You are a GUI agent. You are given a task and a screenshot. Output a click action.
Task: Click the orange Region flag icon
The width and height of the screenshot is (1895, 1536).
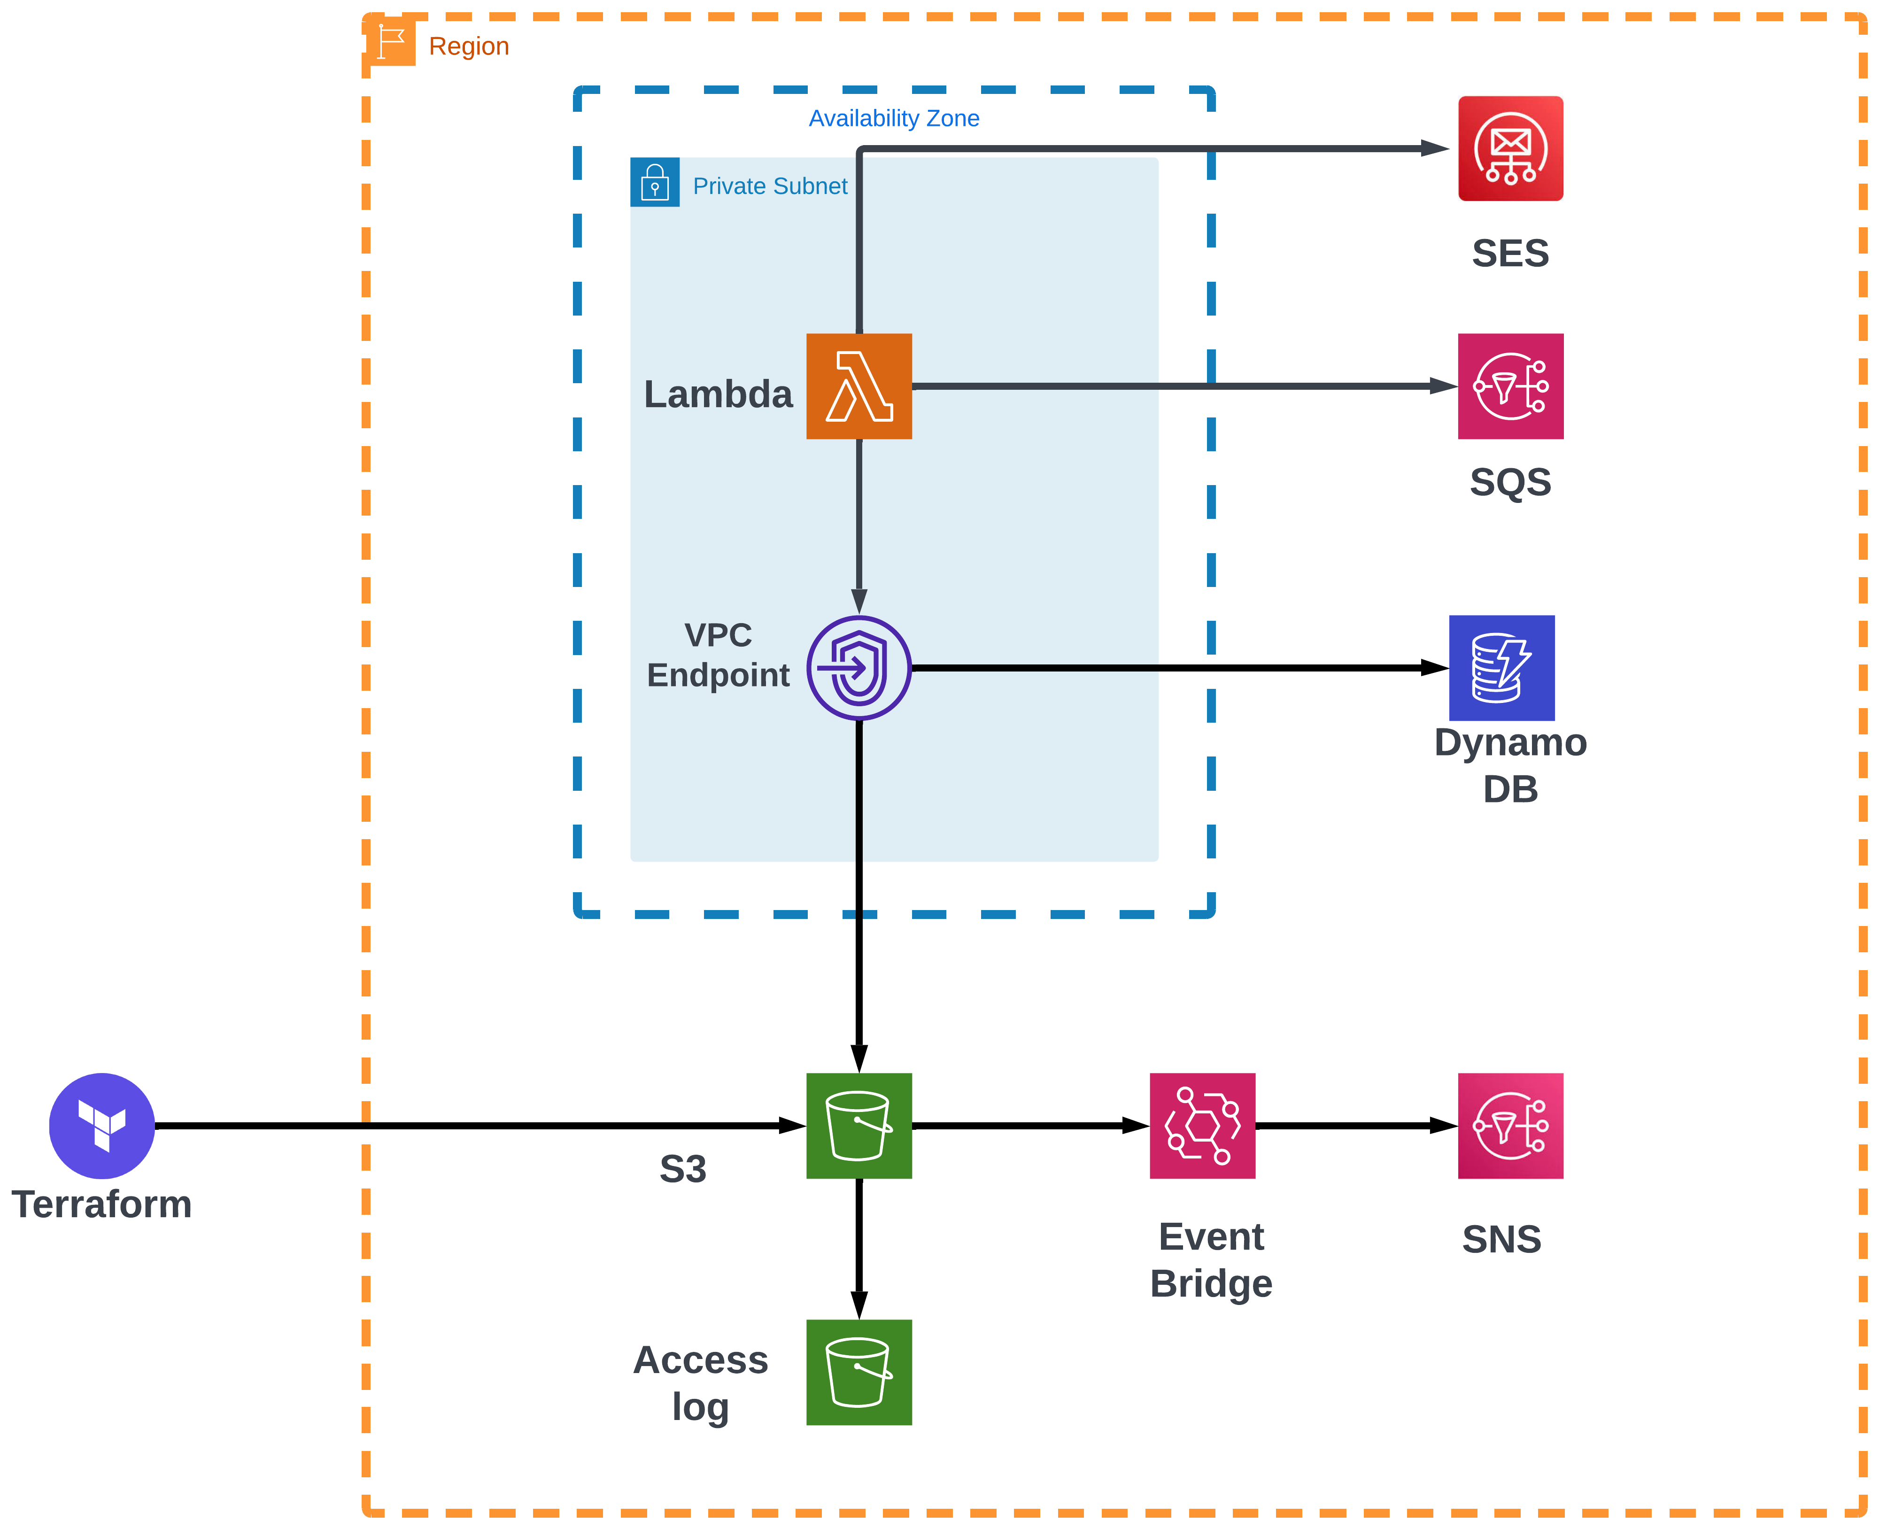pos(390,41)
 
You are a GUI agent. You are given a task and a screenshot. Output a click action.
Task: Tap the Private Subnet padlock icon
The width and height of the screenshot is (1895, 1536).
pos(655,182)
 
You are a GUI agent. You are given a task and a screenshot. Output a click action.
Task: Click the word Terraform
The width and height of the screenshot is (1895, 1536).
pos(102,1204)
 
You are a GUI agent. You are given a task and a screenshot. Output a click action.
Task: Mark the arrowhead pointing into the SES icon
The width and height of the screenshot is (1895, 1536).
pos(1433,149)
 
